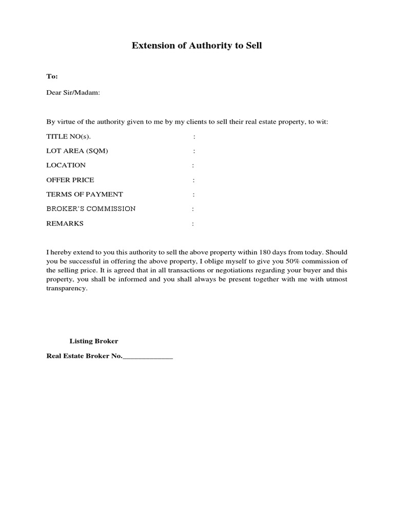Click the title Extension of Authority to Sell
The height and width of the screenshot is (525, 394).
pyautogui.click(x=197, y=46)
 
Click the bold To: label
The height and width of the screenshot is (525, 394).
pyautogui.click(x=52, y=76)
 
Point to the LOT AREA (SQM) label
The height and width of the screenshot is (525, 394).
pyautogui.click(x=77, y=151)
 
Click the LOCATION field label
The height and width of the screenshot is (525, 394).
pyautogui.click(x=66, y=165)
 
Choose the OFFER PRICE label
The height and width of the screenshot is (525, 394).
pyautogui.click(x=70, y=180)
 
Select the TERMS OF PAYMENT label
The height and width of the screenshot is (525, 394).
pyautogui.click(x=85, y=194)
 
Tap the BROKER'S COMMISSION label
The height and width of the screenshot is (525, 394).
pyautogui.click(x=91, y=209)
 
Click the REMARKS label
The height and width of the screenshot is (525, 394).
pyautogui.click(x=65, y=224)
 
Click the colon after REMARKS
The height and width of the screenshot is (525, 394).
pyautogui.click(x=193, y=224)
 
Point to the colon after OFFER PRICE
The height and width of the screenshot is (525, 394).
pyautogui.click(x=193, y=180)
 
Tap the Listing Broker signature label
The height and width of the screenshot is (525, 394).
pyautogui.click(x=94, y=341)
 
